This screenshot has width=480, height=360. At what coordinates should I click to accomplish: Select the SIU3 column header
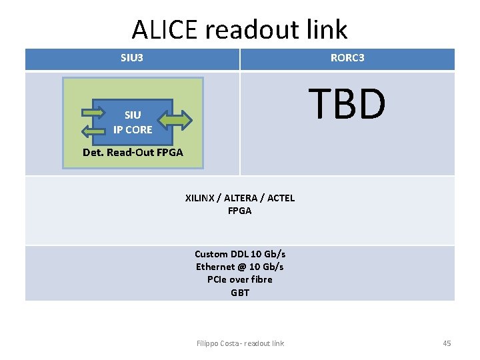coord(132,58)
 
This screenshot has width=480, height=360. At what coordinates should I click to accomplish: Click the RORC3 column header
coord(347,58)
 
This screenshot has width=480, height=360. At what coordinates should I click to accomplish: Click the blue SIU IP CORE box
coord(133,122)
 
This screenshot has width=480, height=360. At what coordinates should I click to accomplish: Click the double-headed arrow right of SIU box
coord(176,120)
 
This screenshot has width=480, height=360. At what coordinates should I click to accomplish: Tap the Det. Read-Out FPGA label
coord(133,153)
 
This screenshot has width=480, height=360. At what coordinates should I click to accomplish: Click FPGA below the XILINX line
coord(239,211)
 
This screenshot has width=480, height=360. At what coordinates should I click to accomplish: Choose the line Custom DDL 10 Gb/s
coord(239,254)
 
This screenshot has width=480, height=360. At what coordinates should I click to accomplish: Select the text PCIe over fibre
coord(239,279)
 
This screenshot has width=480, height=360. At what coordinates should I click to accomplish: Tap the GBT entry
coord(239,292)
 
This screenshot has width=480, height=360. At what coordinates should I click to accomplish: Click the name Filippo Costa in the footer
coord(217,343)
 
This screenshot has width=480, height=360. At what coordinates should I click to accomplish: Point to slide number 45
coord(447,343)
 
